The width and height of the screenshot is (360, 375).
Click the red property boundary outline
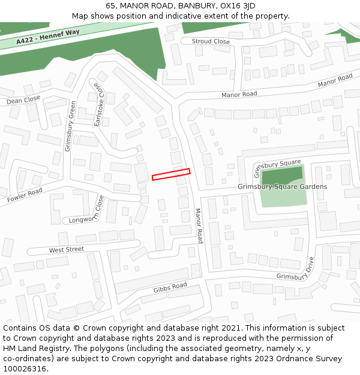pos(171,174)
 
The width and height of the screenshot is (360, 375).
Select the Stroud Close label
pos(210,41)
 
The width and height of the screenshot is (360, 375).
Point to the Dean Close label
pos(23,100)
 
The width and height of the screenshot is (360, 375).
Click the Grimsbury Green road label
pos(70,126)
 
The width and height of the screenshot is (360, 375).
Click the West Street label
pos(67,250)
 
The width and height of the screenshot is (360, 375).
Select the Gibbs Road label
pos(170,288)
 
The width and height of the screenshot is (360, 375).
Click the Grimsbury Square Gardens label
pos(282,187)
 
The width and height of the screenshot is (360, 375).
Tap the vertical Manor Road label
pos(199,226)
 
